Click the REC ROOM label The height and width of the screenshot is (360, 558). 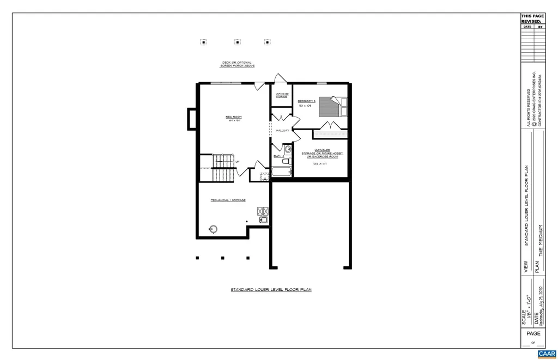(x=233, y=117)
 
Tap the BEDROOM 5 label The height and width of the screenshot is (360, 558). (x=307, y=101)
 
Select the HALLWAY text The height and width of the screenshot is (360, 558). (x=282, y=131)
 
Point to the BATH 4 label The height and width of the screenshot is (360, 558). (x=279, y=156)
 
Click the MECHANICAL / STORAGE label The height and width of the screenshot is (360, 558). (x=228, y=200)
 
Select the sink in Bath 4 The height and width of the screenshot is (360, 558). (x=288, y=148)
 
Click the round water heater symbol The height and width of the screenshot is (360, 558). (x=213, y=229)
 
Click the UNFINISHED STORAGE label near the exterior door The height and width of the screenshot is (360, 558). (x=282, y=95)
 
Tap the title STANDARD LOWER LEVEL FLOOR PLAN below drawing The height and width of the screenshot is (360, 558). (x=271, y=290)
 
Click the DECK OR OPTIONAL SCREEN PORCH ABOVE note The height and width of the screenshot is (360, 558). (x=237, y=64)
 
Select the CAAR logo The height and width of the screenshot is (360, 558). (x=547, y=354)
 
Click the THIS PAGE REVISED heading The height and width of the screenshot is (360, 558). (x=532, y=19)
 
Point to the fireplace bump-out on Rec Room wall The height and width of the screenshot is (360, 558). (x=192, y=119)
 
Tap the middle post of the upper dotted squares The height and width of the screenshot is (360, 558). (x=237, y=42)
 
